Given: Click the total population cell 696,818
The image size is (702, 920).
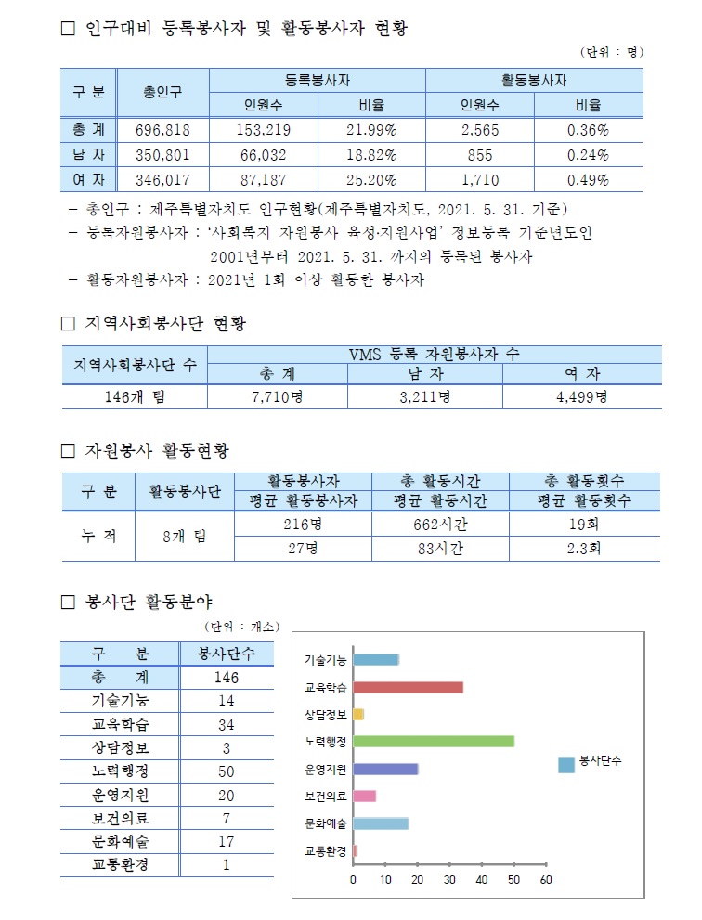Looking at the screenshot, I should click(x=162, y=130).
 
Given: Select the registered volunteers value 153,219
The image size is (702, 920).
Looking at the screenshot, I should click(x=265, y=130).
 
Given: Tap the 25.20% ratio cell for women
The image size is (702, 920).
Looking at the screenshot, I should click(x=371, y=180).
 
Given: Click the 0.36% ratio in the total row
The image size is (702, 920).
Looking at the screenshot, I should click(x=588, y=130).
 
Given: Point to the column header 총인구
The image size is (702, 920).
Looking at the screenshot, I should click(x=162, y=92).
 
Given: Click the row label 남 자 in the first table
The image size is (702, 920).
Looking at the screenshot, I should click(x=88, y=155).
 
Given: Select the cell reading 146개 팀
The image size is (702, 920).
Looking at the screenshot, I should click(x=134, y=397).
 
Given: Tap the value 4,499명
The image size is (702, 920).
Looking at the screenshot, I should click(x=581, y=397).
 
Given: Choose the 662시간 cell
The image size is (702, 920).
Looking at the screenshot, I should click(x=439, y=524).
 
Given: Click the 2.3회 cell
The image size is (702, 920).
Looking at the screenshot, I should click(x=583, y=549).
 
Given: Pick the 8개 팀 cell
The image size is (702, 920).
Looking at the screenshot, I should click(x=184, y=537).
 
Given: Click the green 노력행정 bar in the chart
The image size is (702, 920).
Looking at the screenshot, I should click(x=434, y=741).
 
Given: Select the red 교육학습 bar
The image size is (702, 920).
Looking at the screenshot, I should click(x=408, y=687).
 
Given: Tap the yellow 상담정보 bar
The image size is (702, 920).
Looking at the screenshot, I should click(x=358, y=714).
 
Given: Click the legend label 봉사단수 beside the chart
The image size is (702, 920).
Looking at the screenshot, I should click(x=600, y=761).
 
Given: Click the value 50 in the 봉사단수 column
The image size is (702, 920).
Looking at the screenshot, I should click(x=226, y=771).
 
